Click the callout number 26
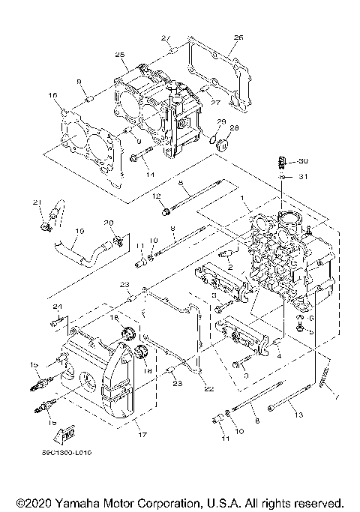tap(238, 37)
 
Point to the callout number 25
tap(119, 55)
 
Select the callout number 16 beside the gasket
tap(52, 95)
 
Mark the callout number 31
tap(304, 177)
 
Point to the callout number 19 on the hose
tap(79, 230)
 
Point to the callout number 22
tap(208, 388)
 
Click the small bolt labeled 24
tap(54, 322)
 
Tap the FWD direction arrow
tap(67, 433)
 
